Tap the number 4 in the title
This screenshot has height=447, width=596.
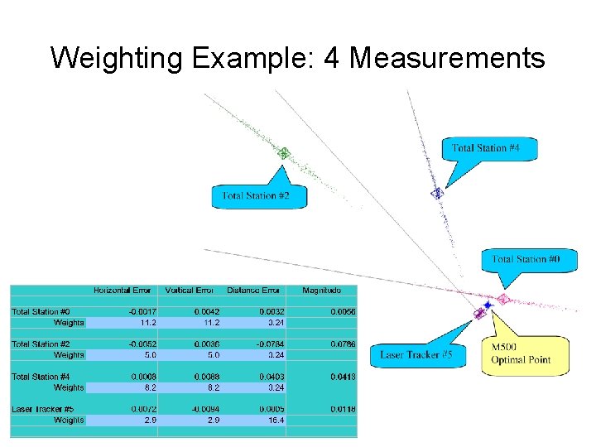coord(338,58)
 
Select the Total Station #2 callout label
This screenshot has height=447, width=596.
coord(256,196)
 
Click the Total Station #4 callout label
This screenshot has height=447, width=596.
coord(486,148)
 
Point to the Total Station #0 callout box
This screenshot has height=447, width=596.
coord(526,259)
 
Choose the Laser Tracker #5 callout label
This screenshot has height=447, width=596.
coord(416,354)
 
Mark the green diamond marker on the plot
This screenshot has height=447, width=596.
coord(283,152)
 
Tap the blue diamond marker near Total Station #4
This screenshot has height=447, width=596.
coord(437,193)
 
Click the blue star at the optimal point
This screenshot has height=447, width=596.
coord(488,305)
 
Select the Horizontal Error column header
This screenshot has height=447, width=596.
coord(123,291)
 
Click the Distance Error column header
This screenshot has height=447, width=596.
coord(253,291)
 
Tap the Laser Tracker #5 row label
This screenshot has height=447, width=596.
coord(42,409)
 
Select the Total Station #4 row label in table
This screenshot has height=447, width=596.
coord(41,377)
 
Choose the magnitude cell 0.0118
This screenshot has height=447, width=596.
coord(344,409)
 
